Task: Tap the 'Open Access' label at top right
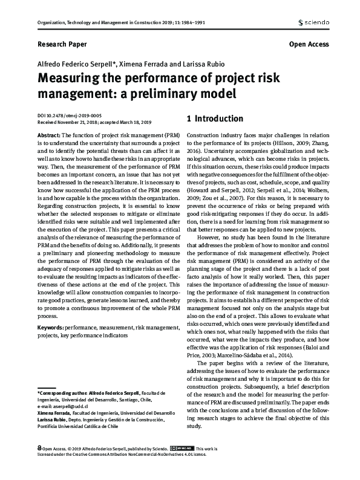309,44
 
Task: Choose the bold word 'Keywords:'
51,326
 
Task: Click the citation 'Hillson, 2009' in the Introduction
287,143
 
